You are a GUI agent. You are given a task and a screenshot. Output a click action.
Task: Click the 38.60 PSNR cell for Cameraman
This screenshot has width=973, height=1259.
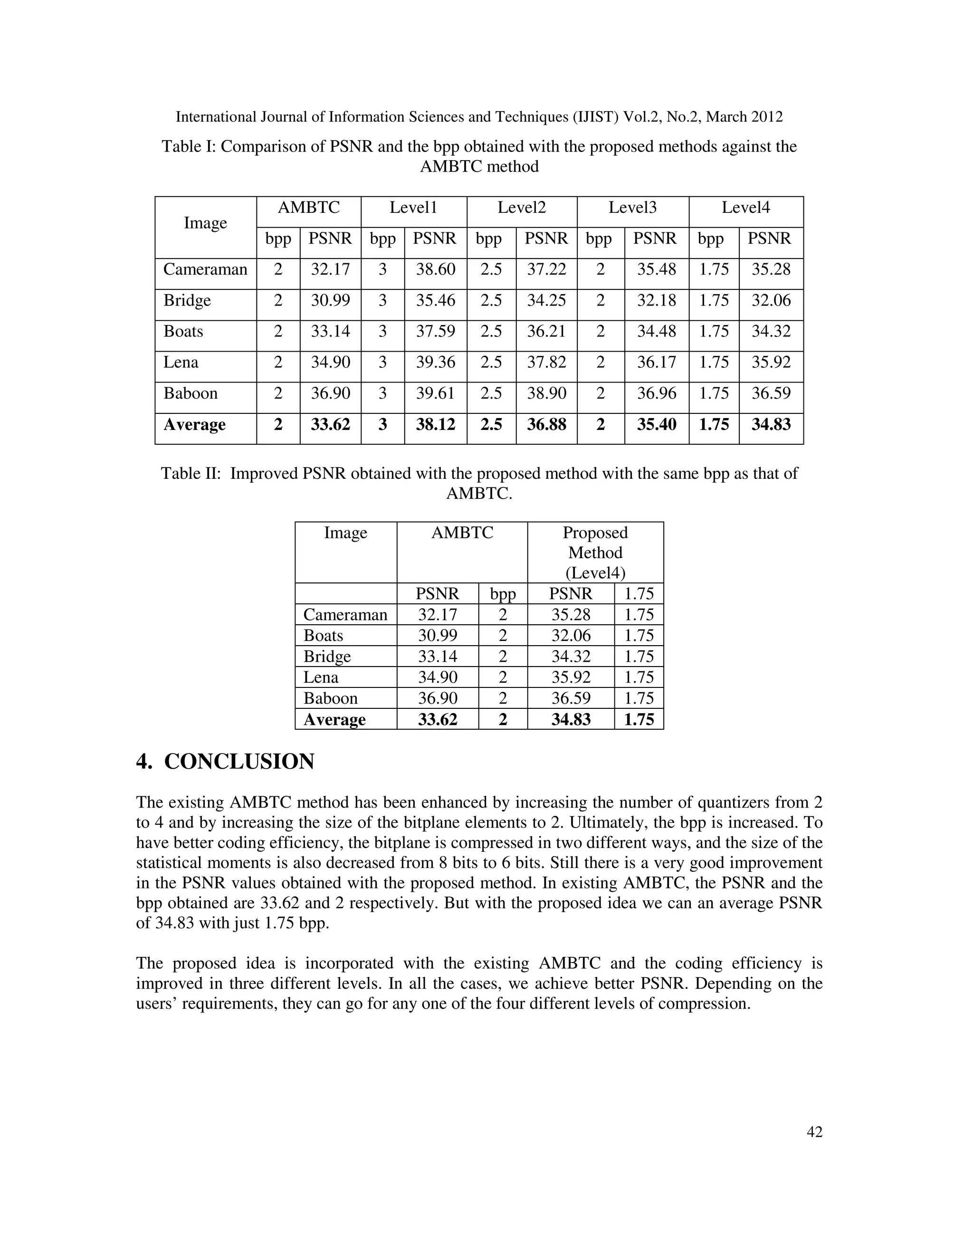(435, 270)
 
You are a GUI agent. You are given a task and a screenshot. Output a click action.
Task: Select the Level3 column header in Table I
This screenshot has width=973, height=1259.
(632, 208)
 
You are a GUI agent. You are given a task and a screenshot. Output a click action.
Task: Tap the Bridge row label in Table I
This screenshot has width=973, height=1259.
(187, 301)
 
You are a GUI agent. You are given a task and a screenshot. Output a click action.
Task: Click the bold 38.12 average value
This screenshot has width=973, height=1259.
(435, 425)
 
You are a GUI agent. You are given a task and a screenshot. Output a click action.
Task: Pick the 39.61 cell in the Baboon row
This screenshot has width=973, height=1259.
(435, 394)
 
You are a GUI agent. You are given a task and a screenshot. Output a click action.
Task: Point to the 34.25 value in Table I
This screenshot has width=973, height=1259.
(546, 301)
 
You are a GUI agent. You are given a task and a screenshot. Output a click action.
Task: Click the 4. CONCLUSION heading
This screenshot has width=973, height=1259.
(225, 762)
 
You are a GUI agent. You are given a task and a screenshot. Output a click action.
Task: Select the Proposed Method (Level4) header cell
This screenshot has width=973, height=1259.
(595, 552)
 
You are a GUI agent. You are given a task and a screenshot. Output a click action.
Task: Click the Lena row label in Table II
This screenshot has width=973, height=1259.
(321, 677)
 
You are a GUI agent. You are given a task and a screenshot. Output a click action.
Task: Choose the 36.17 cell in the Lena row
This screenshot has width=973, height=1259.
(656, 362)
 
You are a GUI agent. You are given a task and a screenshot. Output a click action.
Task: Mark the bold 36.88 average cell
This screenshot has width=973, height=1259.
(546, 425)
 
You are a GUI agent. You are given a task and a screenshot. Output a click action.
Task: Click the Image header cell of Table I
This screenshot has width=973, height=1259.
(205, 223)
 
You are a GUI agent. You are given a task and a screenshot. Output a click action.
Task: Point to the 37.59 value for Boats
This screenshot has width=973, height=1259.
(435, 332)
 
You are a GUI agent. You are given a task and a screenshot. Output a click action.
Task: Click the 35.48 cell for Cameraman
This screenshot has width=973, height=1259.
(656, 270)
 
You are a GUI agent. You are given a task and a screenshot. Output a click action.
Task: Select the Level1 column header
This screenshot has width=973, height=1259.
(413, 208)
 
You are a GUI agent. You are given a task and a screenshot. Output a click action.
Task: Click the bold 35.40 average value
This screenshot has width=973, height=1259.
(656, 425)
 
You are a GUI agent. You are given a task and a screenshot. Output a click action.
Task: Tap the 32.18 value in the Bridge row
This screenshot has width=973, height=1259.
(656, 301)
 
